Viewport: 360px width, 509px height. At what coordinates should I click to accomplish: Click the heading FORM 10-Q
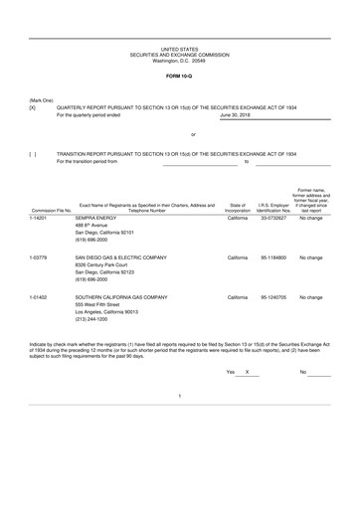[180, 76]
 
